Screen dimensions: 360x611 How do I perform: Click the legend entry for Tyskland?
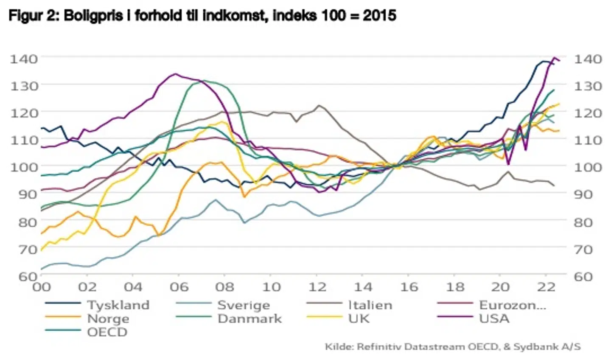coord(118,305)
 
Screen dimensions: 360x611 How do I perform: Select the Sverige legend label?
coord(243,305)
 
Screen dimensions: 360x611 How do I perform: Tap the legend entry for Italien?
coord(370,305)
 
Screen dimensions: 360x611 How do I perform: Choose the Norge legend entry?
coord(108,318)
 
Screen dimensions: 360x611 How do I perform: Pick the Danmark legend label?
coord(249,318)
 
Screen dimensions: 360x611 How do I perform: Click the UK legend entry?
coord(359,318)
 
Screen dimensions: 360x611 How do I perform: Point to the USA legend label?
coord(494,318)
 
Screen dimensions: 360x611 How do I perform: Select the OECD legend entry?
coord(107,332)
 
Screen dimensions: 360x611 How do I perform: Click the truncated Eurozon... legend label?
coord(513,305)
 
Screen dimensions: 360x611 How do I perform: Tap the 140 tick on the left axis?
coord(24,58)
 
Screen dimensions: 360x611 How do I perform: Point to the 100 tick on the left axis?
coord(24,167)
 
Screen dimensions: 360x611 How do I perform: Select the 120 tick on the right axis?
coord(588,113)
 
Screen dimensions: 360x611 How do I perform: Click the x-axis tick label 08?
coord(224,287)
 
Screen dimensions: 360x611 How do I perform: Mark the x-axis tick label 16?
coord(409,287)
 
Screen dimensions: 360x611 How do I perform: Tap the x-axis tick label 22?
coord(546,287)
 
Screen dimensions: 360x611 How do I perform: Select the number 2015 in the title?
coord(379,16)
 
